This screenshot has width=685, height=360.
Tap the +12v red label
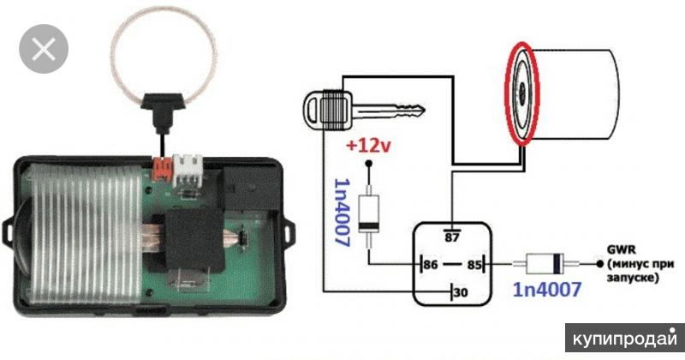click(367, 147)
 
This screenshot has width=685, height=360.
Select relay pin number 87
click(452, 234)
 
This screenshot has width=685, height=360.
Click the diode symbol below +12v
click(368, 215)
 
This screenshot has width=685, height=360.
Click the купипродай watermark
click(624, 335)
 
